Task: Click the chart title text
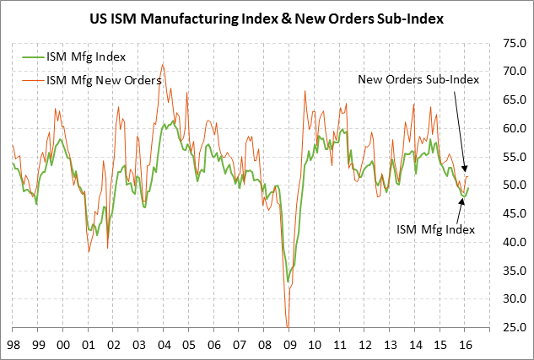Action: click(x=267, y=16)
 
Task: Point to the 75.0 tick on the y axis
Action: click(x=505, y=43)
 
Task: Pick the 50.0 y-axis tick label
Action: click(x=505, y=185)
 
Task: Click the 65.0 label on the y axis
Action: click(x=505, y=100)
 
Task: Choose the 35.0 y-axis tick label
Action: click(x=505, y=271)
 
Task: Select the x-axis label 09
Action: click(x=291, y=345)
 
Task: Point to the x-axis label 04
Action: click(x=165, y=345)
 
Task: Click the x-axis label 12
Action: click(x=366, y=345)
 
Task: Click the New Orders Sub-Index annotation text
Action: click(x=418, y=79)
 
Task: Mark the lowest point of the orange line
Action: click(x=288, y=327)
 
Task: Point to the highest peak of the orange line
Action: click(x=162, y=64)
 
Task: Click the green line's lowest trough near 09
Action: click(x=289, y=281)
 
